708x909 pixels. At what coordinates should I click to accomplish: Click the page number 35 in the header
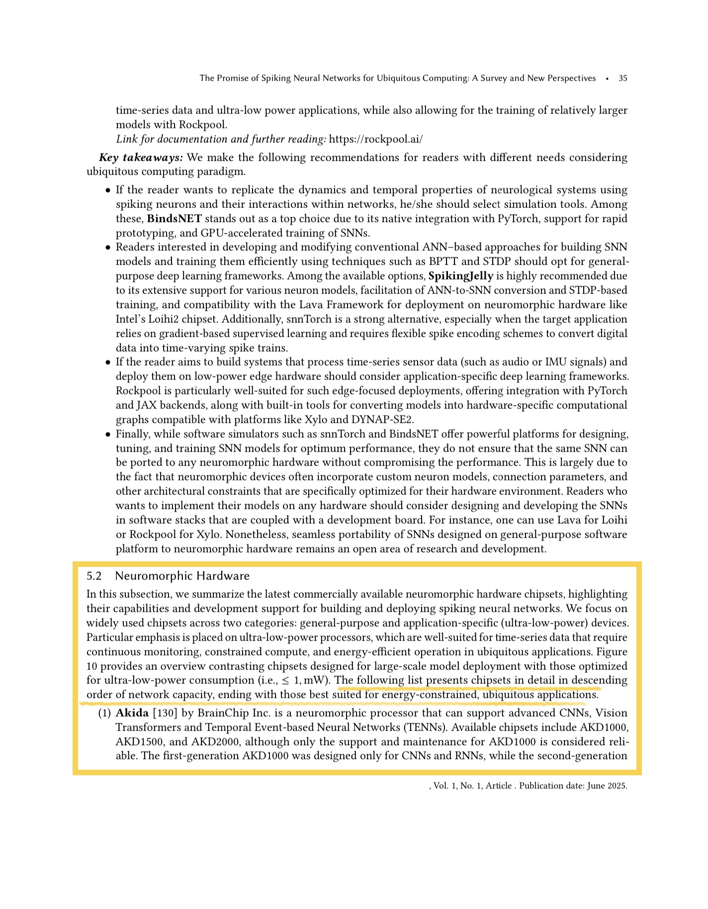pos(622,78)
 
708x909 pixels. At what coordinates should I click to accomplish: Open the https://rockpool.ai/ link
pos(376,139)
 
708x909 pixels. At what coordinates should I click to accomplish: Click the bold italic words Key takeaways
pos(141,158)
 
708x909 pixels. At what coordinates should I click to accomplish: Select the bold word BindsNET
pos(175,219)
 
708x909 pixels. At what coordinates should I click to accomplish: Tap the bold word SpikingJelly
pos(461,276)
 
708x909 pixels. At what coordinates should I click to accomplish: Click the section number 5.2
pos(94,576)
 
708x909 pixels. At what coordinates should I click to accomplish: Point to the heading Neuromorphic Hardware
pos(182,576)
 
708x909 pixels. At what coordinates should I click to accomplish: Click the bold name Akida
pos(132,714)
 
